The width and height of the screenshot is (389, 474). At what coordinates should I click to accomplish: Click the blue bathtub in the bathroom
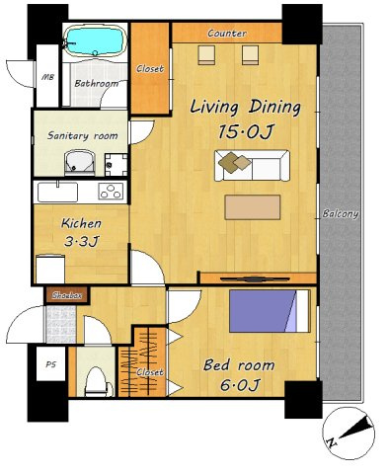click(x=95, y=41)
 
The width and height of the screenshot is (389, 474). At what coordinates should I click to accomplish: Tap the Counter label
click(x=227, y=34)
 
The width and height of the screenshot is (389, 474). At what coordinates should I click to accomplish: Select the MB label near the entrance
click(x=48, y=78)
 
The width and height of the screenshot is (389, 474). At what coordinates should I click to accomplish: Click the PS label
click(x=50, y=364)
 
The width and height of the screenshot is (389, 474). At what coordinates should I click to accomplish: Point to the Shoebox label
click(x=67, y=295)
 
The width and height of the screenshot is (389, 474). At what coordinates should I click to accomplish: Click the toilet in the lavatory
click(x=97, y=382)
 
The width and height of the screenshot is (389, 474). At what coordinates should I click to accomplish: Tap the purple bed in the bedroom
click(x=270, y=311)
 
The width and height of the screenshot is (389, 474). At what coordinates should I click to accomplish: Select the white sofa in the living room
click(x=252, y=166)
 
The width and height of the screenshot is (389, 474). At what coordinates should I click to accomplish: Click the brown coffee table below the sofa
click(x=253, y=207)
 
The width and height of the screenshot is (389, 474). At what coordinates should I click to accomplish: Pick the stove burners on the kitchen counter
click(x=111, y=192)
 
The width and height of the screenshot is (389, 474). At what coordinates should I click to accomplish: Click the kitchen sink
click(x=58, y=193)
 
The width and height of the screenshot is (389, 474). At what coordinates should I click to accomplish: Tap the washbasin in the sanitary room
click(x=79, y=161)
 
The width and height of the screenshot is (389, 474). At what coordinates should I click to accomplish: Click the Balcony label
click(x=341, y=214)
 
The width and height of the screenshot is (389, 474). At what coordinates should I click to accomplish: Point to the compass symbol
click(x=349, y=433)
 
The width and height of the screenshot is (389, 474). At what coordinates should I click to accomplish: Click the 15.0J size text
click(x=245, y=132)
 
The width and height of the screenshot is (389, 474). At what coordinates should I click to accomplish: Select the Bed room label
click(x=239, y=365)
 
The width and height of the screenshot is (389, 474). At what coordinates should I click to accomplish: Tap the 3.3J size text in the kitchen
click(x=81, y=242)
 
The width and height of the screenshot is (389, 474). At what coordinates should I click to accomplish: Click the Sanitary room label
click(x=82, y=135)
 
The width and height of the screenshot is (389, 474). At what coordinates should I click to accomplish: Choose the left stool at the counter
click(x=206, y=55)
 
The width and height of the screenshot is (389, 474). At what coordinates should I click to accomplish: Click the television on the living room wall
click(x=255, y=279)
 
